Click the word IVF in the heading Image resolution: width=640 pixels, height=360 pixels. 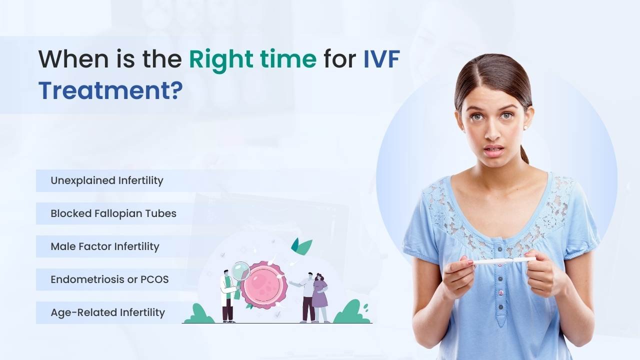click(381, 59)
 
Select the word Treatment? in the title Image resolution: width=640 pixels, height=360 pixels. click(110, 90)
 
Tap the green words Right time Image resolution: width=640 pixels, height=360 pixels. click(252, 60)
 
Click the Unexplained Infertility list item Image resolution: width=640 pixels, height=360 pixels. click(107, 180)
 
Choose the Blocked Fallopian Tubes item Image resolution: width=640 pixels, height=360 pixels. click(113, 213)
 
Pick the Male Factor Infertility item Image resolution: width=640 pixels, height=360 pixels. click(105, 246)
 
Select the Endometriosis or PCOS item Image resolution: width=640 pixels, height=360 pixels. click(109, 279)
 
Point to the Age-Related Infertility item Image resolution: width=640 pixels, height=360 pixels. click(107, 312)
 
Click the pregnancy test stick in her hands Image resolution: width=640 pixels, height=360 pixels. click(504, 261)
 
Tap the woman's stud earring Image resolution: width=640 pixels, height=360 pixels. click(525, 127)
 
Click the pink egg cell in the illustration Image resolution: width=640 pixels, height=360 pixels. click(263, 285)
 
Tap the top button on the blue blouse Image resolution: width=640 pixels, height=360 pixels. click(499, 249)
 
